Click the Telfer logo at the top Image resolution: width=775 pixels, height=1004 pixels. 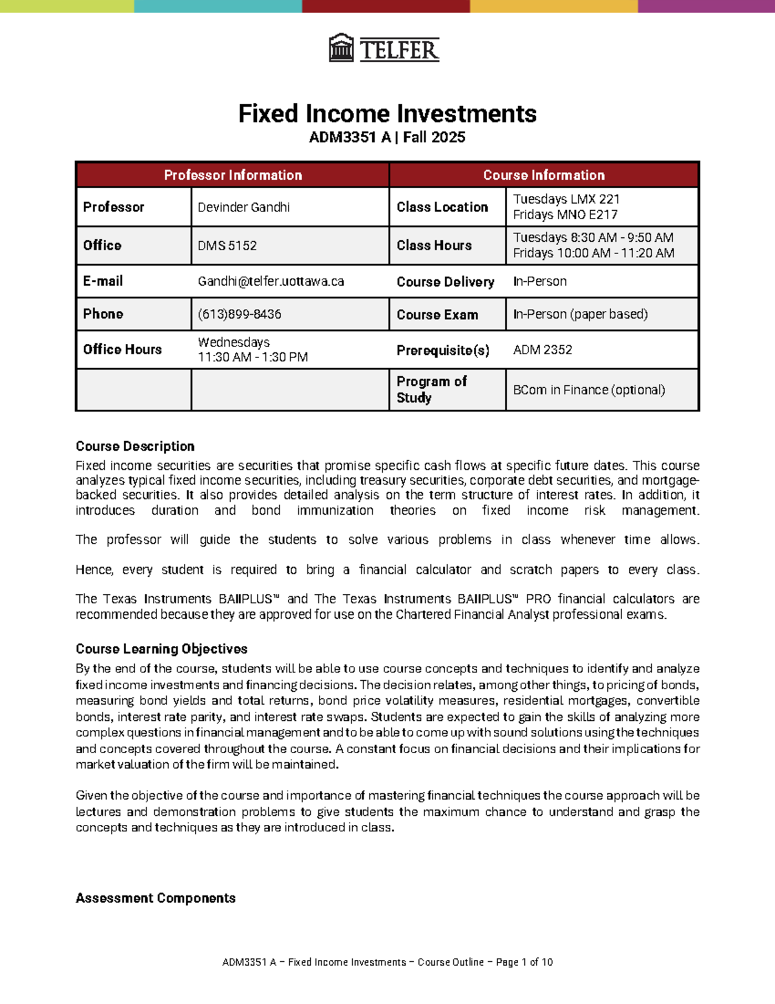pyautogui.click(x=384, y=48)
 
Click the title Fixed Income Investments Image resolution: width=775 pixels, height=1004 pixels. pyautogui.click(x=387, y=114)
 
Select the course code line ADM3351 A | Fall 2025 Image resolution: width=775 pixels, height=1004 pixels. pyautogui.click(x=387, y=137)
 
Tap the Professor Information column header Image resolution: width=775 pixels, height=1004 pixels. pyautogui.click(x=232, y=175)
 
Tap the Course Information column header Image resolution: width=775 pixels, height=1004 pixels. pyautogui.click(x=544, y=175)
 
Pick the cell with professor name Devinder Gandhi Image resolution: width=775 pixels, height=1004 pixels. pyautogui.click(x=243, y=208)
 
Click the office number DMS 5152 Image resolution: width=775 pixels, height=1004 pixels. pyautogui.click(x=227, y=246)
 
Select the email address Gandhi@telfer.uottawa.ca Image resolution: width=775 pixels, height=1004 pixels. pyautogui.click(x=271, y=281)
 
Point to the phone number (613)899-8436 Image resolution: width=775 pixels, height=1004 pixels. pyautogui.click(x=240, y=314)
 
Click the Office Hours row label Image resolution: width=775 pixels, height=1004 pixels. pyautogui.click(x=122, y=350)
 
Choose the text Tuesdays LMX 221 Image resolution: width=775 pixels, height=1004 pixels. pyautogui.click(x=566, y=199)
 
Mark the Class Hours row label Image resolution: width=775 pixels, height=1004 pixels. pyautogui.click(x=434, y=246)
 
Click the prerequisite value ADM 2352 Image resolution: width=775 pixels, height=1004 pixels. pyautogui.click(x=542, y=350)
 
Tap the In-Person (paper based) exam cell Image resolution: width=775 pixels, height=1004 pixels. pyautogui.click(x=580, y=314)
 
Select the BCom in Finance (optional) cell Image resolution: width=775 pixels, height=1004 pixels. pyautogui.click(x=588, y=390)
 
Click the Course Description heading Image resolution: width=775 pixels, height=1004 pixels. pyautogui.click(x=135, y=446)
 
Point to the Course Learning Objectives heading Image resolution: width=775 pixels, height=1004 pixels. pyautogui.click(x=161, y=649)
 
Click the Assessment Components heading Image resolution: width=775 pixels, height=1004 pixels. pyautogui.click(x=155, y=898)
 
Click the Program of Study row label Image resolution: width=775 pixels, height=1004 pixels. pyautogui.click(x=431, y=389)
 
